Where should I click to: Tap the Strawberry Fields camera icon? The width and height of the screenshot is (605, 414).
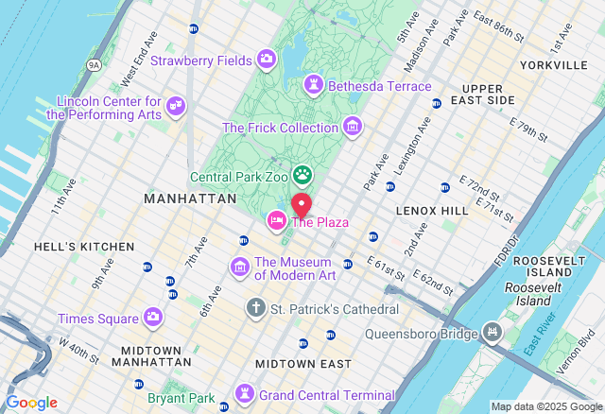click(266, 60)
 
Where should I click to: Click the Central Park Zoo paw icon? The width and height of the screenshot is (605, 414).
click(302, 175)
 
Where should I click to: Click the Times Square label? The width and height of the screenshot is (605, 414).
click(96, 319)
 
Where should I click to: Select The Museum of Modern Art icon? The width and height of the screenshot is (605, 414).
click(240, 267)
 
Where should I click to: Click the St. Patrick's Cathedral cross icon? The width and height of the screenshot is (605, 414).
click(255, 308)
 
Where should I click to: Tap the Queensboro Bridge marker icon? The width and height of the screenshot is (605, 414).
click(492, 332)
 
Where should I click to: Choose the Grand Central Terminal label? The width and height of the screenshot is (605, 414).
click(327, 395)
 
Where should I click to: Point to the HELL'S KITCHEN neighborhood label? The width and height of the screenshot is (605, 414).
click(84, 247)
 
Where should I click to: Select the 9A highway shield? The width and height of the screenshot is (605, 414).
click(94, 65)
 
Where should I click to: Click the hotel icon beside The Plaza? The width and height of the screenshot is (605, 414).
click(277, 220)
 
